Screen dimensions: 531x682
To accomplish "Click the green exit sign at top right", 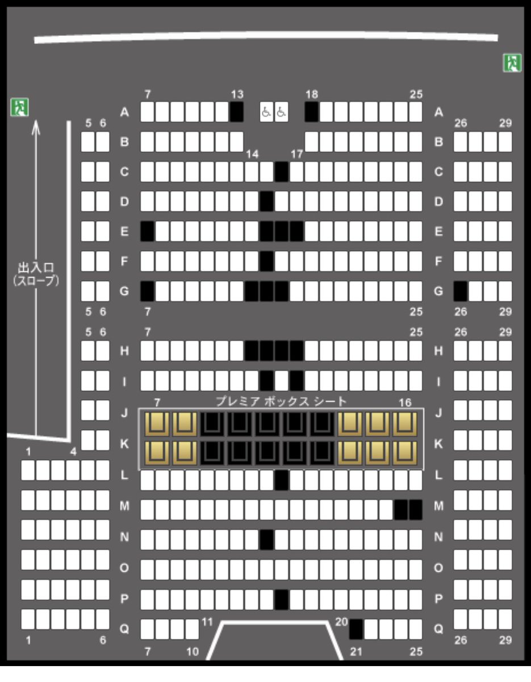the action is click(512, 63).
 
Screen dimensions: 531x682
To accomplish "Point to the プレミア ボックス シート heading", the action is click(281, 402).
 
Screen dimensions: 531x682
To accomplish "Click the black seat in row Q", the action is click(356, 629).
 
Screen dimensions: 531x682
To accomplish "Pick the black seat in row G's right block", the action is click(461, 292).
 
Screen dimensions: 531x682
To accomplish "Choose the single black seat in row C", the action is click(281, 172).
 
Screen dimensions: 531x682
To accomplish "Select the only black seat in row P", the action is click(281, 599).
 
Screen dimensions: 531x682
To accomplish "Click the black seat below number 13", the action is click(236, 112).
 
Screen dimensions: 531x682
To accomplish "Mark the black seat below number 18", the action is click(311, 112).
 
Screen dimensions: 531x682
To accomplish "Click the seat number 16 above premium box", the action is click(405, 402).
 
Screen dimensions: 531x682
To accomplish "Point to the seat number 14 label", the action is click(252, 154).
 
